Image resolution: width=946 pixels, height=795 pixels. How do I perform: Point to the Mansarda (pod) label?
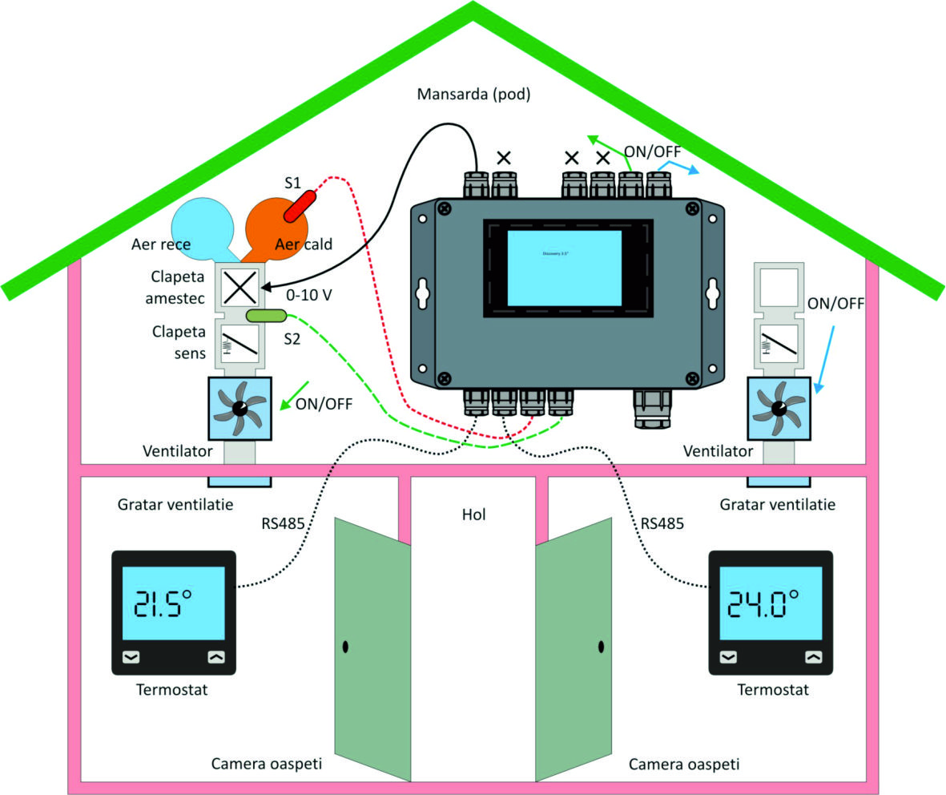[x=474, y=95]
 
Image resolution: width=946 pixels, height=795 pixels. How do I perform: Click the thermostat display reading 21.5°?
[x=173, y=603]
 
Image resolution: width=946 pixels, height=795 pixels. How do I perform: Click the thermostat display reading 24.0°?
[x=771, y=603]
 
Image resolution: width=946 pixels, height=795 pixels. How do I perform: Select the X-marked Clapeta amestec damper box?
[x=239, y=287]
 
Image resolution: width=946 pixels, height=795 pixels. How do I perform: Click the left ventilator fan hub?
[x=240, y=408]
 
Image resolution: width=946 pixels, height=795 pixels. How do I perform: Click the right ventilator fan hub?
[x=778, y=408]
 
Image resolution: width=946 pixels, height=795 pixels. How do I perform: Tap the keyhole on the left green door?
[x=345, y=646]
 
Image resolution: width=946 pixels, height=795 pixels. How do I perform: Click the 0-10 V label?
[x=309, y=295]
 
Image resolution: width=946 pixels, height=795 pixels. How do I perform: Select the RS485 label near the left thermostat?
[x=282, y=525]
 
